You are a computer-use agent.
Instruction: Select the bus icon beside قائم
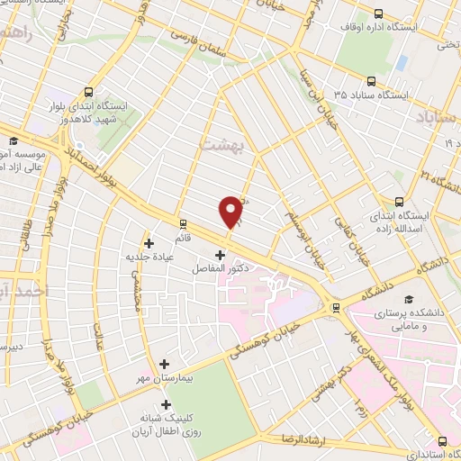coord(184,222)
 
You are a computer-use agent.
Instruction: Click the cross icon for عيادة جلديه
coord(149,243)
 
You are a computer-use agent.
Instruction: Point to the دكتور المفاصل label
coord(220,268)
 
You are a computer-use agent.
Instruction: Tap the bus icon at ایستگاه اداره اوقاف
coord(377,14)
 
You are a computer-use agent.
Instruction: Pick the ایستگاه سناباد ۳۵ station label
coord(371,94)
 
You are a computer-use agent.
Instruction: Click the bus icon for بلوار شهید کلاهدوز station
coord(87,91)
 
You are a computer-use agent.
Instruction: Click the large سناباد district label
coord(438,118)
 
